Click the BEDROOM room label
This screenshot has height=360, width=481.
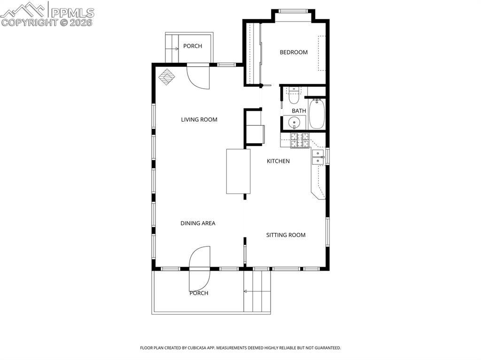pyautogui.click(x=294, y=52)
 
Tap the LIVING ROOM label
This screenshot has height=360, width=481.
pyautogui.click(x=199, y=120)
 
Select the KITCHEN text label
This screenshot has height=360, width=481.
pyautogui.click(x=278, y=161)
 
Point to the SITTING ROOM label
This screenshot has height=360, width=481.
pyautogui.click(x=286, y=235)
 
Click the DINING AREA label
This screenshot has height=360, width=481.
pyautogui.click(x=198, y=223)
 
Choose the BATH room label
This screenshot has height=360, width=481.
pyautogui.click(x=299, y=111)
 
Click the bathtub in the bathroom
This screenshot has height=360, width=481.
pyautogui.click(x=317, y=114)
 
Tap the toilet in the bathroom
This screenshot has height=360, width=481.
pyautogui.click(x=294, y=96)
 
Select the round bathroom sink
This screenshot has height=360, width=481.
pyautogui.click(x=295, y=123)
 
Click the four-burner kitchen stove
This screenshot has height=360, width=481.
pyautogui.click(x=300, y=140)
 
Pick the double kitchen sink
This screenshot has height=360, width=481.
pyautogui.click(x=318, y=157)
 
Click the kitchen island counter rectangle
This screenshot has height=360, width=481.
pyautogui.click(x=238, y=171)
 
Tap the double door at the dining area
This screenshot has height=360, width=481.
pyautogui.click(x=200, y=268)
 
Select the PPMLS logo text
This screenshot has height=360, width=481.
pyautogui.click(x=72, y=12)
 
